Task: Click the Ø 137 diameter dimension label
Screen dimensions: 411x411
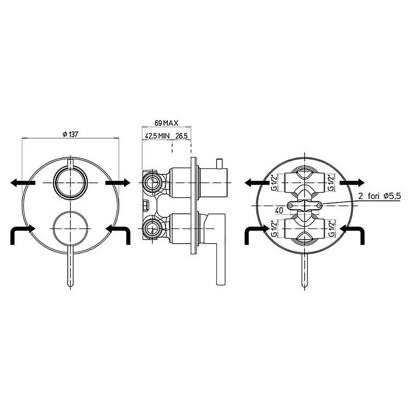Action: [70, 134]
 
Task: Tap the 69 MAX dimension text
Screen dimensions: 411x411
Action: [166, 123]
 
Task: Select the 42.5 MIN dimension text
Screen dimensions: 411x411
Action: [157, 136]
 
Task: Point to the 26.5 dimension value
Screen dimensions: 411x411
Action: [181, 136]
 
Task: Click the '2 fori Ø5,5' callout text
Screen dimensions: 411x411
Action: [379, 196]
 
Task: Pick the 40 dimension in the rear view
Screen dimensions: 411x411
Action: [279, 210]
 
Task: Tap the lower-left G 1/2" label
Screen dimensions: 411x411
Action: [273, 229]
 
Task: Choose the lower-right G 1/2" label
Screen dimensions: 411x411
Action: [332, 229]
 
